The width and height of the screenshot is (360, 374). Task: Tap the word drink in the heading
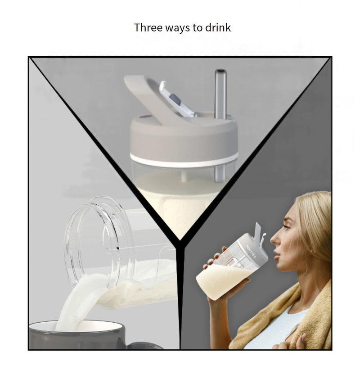(x=218, y=27)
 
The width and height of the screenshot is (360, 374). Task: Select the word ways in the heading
(x=178, y=28)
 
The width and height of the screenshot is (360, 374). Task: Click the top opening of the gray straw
(x=220, y=71)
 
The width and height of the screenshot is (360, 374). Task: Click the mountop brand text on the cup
(x=251, y=251)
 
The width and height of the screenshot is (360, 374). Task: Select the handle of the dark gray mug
(x=143, y=346)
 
